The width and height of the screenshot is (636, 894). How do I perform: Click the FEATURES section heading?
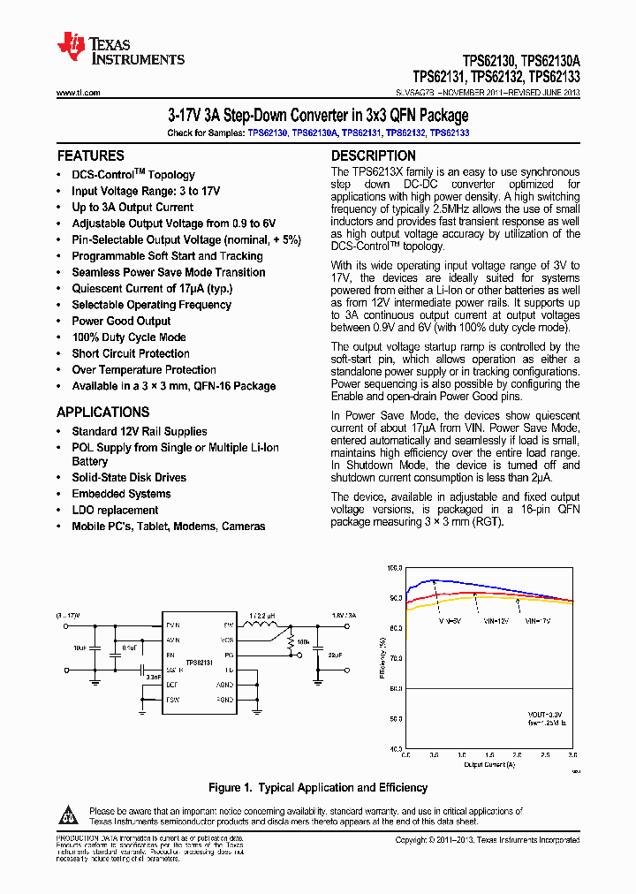point(90,155)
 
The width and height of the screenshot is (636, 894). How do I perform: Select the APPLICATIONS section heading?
point(103,412)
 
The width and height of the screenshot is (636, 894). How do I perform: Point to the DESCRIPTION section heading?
point(373,155)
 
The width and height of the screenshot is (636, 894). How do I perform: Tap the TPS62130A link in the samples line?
point(314,133)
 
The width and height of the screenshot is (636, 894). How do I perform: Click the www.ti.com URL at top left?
point(78,93)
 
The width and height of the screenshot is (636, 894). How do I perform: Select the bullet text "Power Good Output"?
point(121,321)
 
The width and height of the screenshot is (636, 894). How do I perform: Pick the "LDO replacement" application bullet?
point(115,510)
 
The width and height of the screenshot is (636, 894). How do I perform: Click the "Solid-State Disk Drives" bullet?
point(129,477)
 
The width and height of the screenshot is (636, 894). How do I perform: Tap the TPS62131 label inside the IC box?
point(199,662)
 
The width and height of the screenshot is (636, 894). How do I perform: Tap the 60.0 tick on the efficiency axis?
point(394,688)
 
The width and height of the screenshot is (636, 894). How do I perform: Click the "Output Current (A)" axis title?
point(489,765)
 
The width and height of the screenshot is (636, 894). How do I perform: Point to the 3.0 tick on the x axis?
point(572,756)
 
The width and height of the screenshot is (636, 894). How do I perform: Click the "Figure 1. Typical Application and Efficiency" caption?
point(317,787)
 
